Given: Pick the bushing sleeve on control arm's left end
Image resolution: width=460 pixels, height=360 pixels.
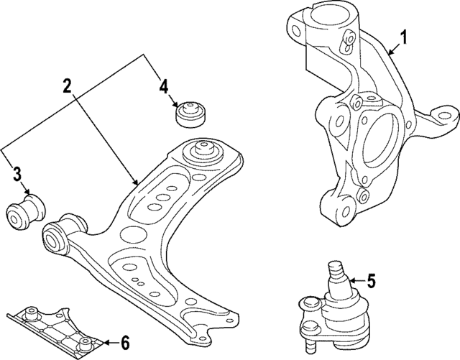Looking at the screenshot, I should point(55,239).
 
